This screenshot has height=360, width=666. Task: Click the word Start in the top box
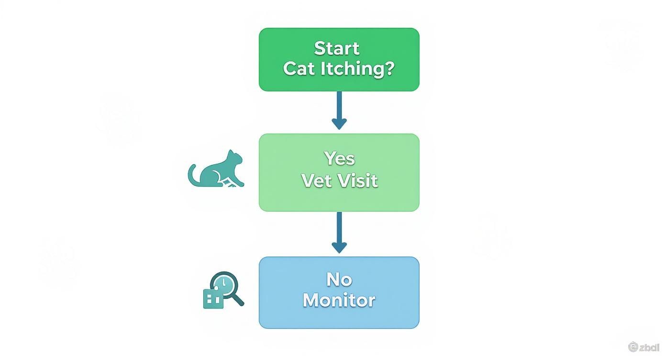tap(337, 48)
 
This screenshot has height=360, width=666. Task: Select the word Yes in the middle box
tap(339, 158)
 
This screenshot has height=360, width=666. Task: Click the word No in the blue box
tap(339, 279)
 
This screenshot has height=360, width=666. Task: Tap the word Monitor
tap(339, 300)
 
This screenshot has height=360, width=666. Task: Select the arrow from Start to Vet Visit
tap(339, 110)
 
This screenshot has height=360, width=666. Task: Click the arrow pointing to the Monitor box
tap(339, 232)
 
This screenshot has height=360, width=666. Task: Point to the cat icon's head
tap(233, 157)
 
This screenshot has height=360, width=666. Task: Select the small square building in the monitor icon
tap(212, 299)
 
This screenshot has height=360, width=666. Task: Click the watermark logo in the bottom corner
tap(644, 347)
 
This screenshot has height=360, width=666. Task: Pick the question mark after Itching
tap(388, 68)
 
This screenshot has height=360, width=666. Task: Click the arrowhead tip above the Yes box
tap(339, 127)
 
